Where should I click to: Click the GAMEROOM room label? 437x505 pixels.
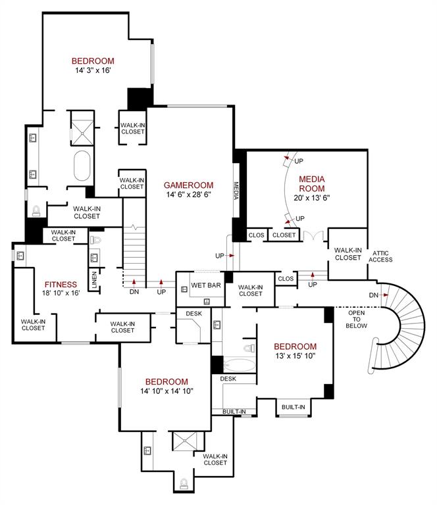[x=186, y=185]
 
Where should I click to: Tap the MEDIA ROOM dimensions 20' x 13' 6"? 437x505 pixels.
[x=312, y=197]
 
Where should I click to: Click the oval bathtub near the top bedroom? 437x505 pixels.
[x=82, y=167]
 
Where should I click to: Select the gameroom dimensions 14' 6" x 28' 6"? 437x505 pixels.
[x=186, y=195]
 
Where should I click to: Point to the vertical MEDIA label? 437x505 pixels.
[x=237, y=190]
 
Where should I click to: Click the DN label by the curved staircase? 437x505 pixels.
[x=374, y=294]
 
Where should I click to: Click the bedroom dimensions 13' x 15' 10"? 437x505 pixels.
[x=295, y=356]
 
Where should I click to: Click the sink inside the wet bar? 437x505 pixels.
[x=207, y=301]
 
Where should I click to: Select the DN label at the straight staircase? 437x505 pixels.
[x=134, y=291]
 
